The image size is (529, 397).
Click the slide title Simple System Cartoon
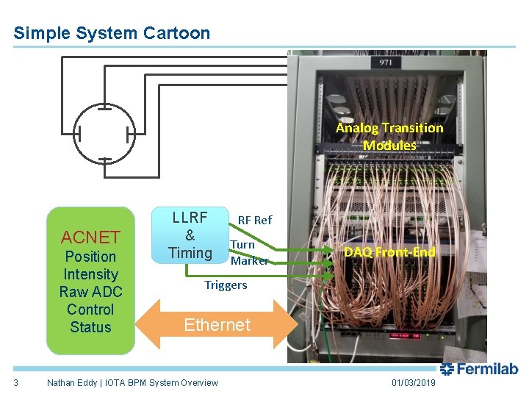(112, 33)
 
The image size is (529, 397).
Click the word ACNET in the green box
(90, 237)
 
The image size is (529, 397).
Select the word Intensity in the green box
(90, 274)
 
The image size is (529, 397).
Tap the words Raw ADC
(90, 292)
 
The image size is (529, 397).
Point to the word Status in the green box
(90, 327)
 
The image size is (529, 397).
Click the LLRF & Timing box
(190, 236)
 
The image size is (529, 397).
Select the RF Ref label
(254, 220)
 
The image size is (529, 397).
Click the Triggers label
(226, 285)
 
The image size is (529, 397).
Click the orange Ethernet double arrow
(217, 324)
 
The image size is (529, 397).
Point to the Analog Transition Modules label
(389, 136)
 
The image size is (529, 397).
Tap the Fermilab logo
(478, 369)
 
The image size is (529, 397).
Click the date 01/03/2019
(413, 383)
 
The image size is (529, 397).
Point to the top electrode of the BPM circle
(105, 108)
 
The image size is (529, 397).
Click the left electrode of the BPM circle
(78, 135)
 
